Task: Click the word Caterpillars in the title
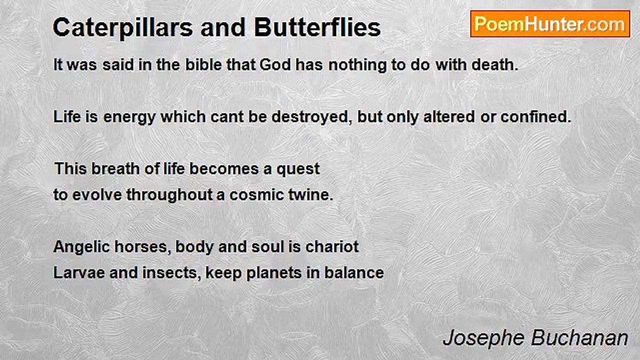[x=123, y=28]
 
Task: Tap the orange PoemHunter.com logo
[x=550, y=24]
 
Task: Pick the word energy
[x=129, y=117]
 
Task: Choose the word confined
[x=535, y=117]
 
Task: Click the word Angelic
[x=81, y=247]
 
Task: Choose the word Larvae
[x=79, y=273]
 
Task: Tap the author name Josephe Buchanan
[x=535, y=338]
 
